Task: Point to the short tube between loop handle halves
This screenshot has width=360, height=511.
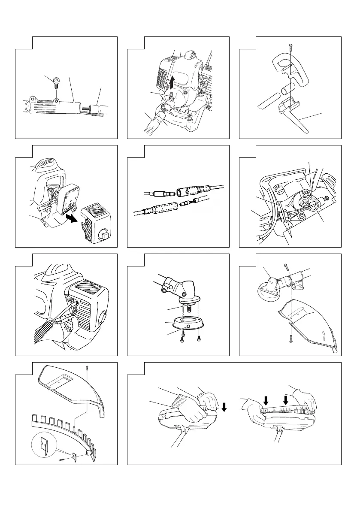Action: [x=285, y=92]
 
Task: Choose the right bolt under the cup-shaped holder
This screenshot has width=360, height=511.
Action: [x=198, y=338]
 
